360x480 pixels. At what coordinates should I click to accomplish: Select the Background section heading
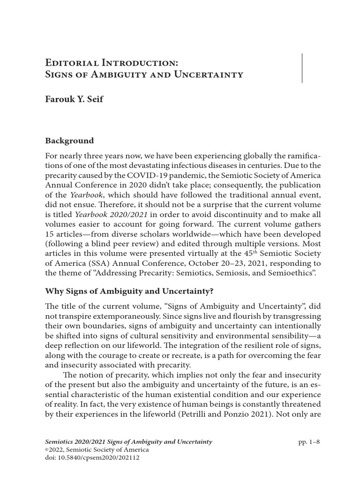69,141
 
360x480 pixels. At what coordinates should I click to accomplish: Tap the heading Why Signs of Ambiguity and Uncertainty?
129,291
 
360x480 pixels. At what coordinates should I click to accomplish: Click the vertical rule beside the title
302,68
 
